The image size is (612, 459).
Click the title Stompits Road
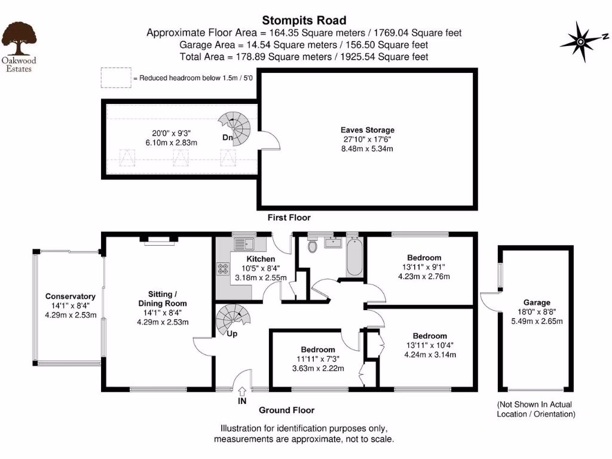304,21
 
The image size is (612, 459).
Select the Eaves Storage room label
368,130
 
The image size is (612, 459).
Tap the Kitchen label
261,259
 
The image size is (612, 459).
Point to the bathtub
354,258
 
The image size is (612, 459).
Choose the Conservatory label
71,296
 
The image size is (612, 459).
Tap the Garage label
537,302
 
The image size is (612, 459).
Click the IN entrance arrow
242,392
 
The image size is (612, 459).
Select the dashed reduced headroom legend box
115,78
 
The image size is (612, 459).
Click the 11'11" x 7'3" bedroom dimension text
318,359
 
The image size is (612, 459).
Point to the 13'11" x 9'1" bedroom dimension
423,267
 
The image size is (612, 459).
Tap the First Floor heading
289,218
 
